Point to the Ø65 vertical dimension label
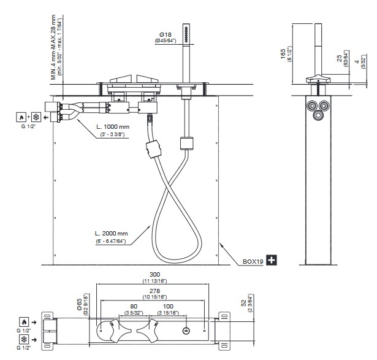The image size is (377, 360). coord(80,302)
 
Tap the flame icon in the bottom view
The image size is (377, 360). coord(23,321)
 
